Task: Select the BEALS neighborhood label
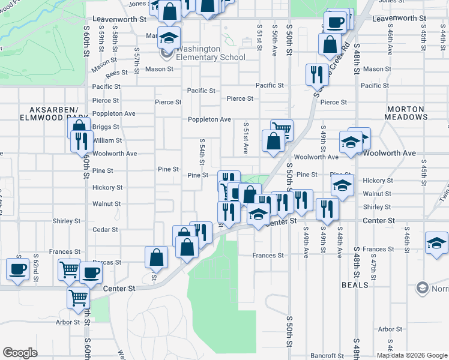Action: (x=355, y=285)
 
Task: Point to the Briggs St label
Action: (x=106, y=127)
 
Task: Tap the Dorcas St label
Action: (x=107, y=262)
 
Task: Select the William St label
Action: (x=107, y=140)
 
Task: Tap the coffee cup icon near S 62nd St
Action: (x=17, y=268)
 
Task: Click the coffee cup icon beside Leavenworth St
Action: (x=336, y=22)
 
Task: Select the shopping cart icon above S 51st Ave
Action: (x=281, y=128)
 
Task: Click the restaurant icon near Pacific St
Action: (x=316, y=74)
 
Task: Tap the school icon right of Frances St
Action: (x=437, y=242)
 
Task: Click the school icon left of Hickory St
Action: (x=342, y=185)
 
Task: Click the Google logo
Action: (x=20, y=353)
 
